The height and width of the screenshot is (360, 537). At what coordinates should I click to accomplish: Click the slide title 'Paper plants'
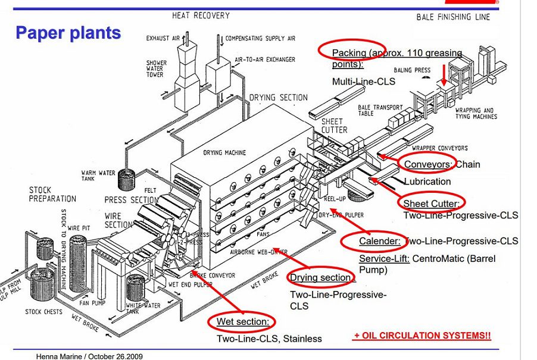tap(68, 32)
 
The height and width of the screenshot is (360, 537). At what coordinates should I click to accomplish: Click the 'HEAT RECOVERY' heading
tap(201, 15)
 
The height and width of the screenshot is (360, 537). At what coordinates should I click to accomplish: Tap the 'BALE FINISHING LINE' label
tap(453, 17)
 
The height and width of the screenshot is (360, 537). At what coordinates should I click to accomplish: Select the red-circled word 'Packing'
tap(349, 53)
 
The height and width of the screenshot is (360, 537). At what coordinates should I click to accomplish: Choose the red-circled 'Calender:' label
tap(379, 241)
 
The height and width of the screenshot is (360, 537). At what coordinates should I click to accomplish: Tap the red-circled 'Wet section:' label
tap(242, 322)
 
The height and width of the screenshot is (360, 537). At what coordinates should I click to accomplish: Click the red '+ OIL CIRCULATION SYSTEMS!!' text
tap(422, 336)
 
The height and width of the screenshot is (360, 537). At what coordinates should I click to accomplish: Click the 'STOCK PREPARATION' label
tap(52, 195)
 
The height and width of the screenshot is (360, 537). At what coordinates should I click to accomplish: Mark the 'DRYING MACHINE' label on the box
tap(224, 153)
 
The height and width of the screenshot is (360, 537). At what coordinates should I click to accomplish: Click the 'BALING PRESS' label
tap(411, 70)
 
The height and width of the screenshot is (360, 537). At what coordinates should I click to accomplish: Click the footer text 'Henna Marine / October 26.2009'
tap(89, 356)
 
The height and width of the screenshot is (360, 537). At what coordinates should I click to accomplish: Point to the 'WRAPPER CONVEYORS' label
tap(439, 148)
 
